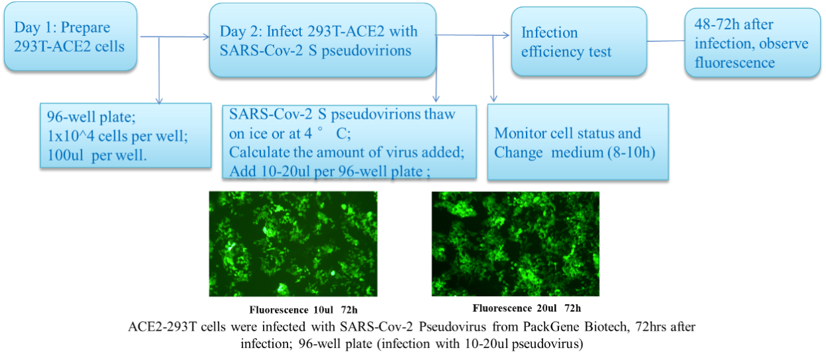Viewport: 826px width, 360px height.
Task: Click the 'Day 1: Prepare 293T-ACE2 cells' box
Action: click(70, 36)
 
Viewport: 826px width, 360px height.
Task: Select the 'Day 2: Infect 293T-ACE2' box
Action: click(323, 41)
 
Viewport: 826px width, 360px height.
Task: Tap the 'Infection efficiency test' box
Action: click(579, 41)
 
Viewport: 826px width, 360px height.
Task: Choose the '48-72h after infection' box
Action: click(752, 43)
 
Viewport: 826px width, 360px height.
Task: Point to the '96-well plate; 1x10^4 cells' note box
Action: click(125, 135)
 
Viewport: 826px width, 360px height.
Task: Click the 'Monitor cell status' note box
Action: click(578, 142)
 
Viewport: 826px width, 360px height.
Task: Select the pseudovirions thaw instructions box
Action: click(349, 142)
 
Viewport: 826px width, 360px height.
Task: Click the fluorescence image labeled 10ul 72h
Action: click(293, 244)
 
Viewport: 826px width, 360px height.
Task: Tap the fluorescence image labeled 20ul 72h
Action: click(515, 244)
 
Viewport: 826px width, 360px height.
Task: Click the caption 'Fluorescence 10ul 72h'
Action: click(303, 310)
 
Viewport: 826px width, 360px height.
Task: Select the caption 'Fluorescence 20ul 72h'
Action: click(527, 308)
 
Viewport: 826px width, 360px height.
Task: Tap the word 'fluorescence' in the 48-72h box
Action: click(734, 62)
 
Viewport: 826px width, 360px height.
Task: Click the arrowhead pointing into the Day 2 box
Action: click(206, 37)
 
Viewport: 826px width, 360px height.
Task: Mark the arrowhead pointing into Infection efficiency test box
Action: click(506, 35)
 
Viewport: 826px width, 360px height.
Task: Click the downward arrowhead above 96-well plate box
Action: click(159, 101)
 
